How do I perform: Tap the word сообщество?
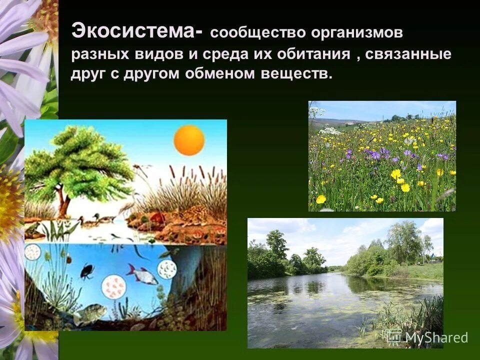253,33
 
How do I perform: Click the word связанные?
408,54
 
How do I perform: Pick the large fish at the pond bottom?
90,313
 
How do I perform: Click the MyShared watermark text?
436,337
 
